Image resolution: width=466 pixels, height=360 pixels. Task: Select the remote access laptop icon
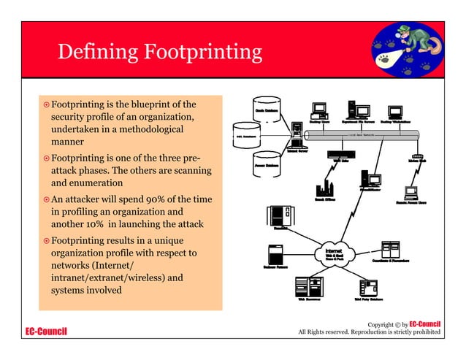tap(410, 193)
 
